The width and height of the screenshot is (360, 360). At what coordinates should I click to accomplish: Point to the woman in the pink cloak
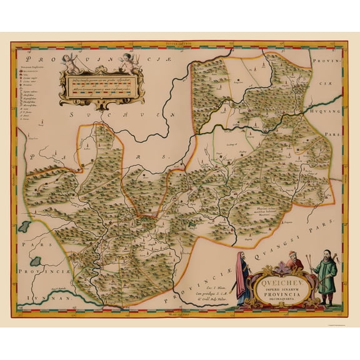click(242, 276)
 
